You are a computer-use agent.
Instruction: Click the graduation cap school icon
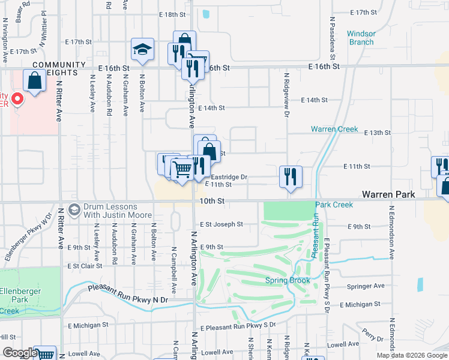coord(143,50)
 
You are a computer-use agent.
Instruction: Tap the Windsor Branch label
coord(361,38)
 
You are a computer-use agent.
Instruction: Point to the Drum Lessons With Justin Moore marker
coord(74,209)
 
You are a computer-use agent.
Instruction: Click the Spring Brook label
coord(288,281)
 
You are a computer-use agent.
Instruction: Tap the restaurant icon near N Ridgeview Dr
coord(291,176)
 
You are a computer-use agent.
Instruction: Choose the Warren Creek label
coord(334,129)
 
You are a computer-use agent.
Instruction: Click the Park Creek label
coord(334,205)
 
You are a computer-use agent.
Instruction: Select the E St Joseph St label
coord(221,224)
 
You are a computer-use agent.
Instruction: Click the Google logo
coord(19,353)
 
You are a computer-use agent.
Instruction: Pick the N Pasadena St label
coord(332,36)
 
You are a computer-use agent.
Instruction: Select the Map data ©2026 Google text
coord(411,355)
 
